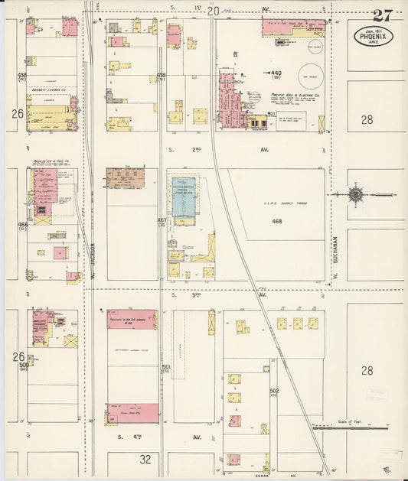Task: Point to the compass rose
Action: click(356, 195)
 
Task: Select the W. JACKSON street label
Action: click(91, 260)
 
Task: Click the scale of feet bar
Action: click(360, 428)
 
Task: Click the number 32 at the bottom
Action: click(145, 459)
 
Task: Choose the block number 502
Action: click(274, 392)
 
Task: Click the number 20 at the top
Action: click(213, 11)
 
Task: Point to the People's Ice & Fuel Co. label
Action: click(51, 162)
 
